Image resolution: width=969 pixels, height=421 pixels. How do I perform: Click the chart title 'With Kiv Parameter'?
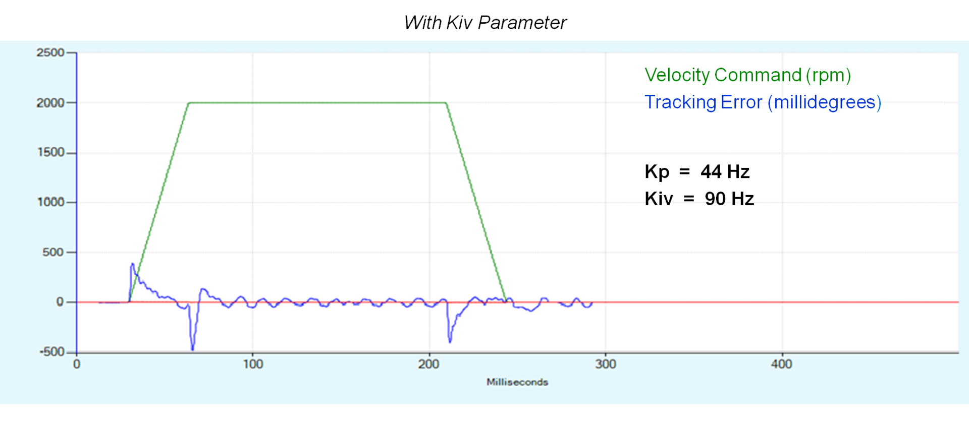[485, 23]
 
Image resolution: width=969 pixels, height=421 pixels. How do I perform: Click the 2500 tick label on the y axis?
[50, 52]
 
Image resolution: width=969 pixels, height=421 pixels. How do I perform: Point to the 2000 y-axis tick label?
[50, 103]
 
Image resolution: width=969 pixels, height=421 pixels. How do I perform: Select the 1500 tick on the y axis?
[51, 152]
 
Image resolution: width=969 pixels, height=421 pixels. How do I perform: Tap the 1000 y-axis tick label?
[51, 202]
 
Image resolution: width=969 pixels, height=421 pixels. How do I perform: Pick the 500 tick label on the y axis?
[53, 252]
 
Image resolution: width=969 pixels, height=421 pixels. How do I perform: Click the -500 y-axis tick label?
[52, 352]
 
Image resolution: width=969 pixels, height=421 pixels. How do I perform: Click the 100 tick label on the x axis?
[253, 365]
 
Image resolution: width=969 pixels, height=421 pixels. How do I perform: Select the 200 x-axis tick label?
[429, 365]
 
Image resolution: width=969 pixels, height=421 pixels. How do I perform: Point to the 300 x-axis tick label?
[606, 365]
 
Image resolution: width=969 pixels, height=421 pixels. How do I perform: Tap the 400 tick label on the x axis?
[782, 365]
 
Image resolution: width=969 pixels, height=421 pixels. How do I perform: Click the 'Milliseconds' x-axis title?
[517, 382]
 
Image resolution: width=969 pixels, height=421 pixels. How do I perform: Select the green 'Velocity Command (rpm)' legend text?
[747, 75]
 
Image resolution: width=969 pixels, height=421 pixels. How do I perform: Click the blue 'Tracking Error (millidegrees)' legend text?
[763, 102]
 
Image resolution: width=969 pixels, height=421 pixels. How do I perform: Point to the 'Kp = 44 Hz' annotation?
[696, 172]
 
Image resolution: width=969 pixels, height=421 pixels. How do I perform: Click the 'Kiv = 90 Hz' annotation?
[699, 199]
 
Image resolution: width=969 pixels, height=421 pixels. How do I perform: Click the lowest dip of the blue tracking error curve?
[192, 349]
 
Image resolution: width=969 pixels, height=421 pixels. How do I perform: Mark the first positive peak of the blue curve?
[132, 264]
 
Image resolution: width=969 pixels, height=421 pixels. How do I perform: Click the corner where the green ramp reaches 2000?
[189, 103]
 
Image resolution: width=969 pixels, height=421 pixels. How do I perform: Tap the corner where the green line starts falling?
[446, 103]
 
